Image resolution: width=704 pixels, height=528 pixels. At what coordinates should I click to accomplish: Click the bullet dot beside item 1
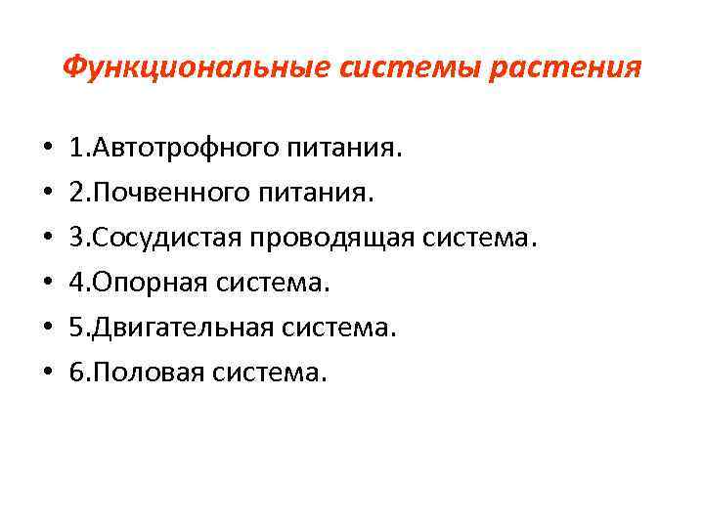tap(47, 152)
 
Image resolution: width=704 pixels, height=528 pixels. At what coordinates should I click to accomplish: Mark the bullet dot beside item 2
tap(47, 196)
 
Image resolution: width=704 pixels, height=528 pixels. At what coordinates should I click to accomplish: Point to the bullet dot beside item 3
tap(47, 241)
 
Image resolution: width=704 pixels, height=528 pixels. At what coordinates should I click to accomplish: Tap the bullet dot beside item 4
tap(47, 285)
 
